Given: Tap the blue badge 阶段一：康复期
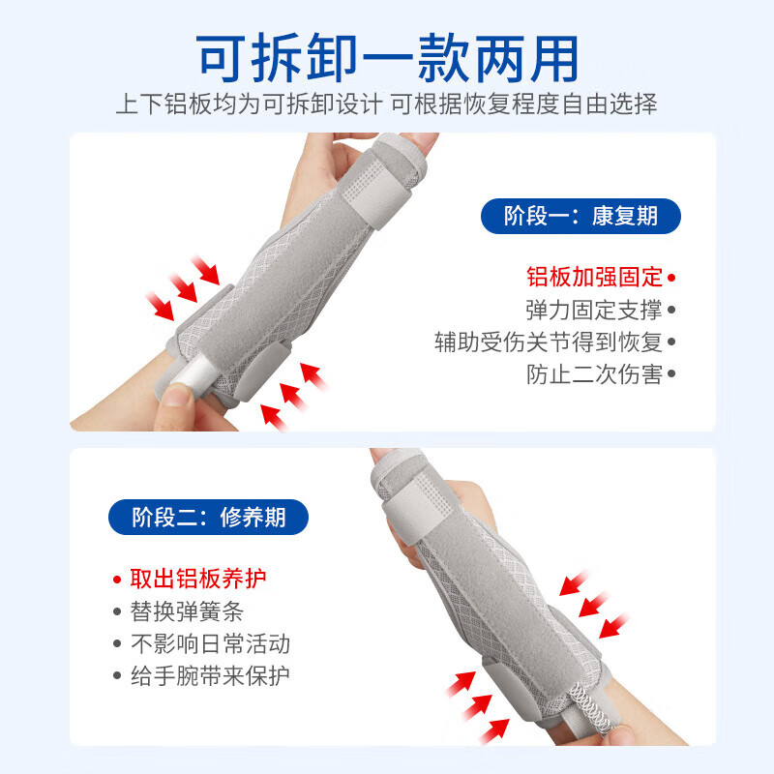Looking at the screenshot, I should (x=580, y=216).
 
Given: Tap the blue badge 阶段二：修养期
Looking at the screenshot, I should (x=208, y=517).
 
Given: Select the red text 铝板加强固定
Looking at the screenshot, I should (x=595, y=278).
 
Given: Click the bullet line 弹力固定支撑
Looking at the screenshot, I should (x=595, y=311).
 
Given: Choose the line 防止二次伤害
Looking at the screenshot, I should (x=595, y=374).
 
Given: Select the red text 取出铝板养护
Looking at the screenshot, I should (x=198, y=580).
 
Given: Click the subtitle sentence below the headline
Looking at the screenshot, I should (x=387, y=104).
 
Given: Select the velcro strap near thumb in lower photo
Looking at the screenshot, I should (x=406, y=503).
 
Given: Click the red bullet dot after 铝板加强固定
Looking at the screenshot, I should (x=671, y=278).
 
